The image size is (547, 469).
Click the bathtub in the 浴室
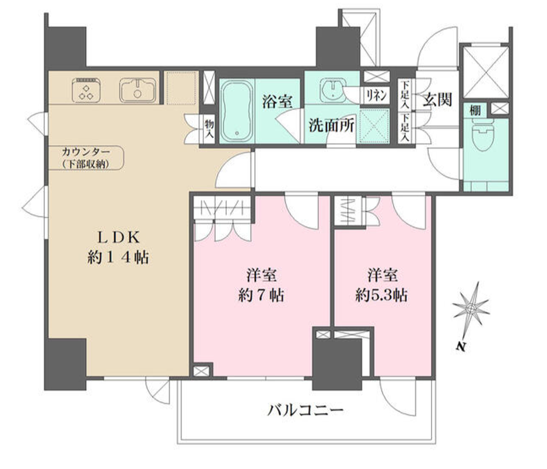(237, 111)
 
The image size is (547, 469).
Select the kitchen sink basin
(138, 90)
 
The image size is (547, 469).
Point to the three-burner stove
(86, 90)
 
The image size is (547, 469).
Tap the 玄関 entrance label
(437, 100)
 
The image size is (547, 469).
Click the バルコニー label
(305, 411)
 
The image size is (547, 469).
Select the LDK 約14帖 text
(118, 247)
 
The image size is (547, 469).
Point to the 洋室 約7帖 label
(261, 285)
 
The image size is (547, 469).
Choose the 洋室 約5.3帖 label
(381, 285)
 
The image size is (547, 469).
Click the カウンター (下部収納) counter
(86, 157)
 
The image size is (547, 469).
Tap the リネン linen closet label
(376, 95)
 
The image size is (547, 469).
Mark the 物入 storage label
(209, 128)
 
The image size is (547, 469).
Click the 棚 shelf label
(475, 111)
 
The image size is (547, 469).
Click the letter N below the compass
(461, 346)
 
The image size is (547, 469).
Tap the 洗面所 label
(331, 125)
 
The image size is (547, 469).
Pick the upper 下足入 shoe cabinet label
(405, 94)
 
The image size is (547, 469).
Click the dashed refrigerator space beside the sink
(181, 88)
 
